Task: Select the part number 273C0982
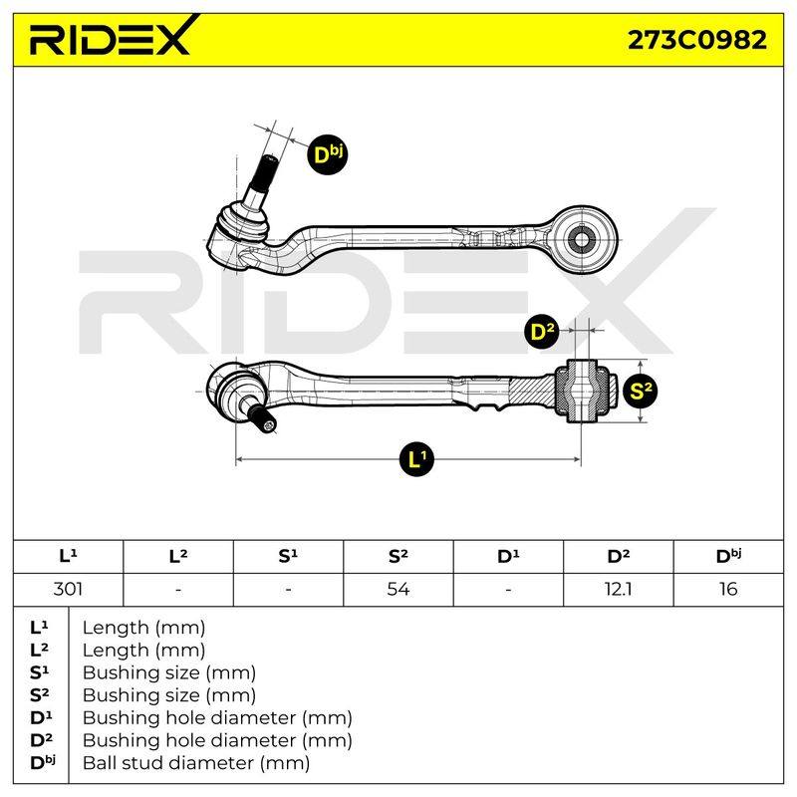696,40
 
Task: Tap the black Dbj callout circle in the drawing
328,154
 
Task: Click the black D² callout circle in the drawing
543,332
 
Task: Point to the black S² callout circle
640,391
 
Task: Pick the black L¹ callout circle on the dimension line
416,459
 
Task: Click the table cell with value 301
68,589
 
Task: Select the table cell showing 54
398,589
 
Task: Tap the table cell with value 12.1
618,589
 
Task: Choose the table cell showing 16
728,589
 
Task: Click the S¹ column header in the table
288,556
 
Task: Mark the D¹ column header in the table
508,556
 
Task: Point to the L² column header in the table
178,556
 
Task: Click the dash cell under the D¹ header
508,589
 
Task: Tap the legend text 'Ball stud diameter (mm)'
196,763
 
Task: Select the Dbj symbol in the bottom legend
43,762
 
